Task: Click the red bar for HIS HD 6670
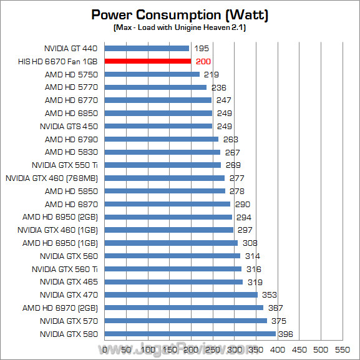(x=148, y=61)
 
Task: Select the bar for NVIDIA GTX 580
(x=190, y=334)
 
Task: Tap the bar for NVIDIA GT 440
(x=147, y=48)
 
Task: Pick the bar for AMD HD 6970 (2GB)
(x=184, y=308)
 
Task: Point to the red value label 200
(x=203, y=61)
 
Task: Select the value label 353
(x=268, y=295)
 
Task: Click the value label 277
(x=236, y=178)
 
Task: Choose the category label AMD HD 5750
(x=71, y=74)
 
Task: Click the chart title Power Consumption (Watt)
(x=180, y=14)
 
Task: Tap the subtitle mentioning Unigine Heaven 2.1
(x=180, y=29)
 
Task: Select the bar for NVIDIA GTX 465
(x=173, y=282)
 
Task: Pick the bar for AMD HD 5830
(x=162, y=152)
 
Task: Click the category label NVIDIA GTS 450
(x=69, y=126)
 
